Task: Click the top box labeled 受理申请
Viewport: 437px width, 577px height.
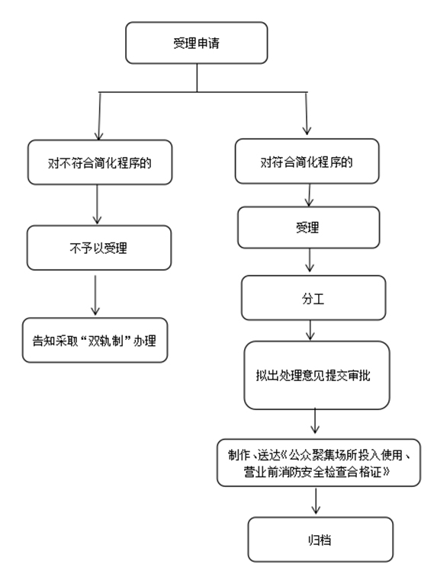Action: point(196,43)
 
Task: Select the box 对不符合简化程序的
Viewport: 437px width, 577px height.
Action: point(100,162)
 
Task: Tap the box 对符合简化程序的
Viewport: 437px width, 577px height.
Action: point(307,161)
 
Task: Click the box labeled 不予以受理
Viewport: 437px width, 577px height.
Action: point(99,248)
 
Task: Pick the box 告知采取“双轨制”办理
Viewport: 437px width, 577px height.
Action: point(95,340)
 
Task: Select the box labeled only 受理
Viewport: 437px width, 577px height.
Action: point(309,227)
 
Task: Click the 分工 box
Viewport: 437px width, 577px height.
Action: point(313,298)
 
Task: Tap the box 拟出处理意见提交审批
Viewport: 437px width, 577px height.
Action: point(317,375)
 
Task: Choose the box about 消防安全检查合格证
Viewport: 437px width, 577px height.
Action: point(319,463)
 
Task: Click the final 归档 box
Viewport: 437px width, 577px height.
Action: point(320,540)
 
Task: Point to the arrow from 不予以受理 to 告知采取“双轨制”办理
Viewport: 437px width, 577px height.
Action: point(95,295)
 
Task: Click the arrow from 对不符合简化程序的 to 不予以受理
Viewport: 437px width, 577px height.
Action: point(97,204)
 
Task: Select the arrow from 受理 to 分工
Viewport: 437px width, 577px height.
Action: point(310,260)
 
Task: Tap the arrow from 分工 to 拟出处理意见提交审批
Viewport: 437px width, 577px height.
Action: point(310,330)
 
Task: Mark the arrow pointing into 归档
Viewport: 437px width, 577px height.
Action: point(316,501)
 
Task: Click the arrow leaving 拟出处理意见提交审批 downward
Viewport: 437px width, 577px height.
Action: point(315,421)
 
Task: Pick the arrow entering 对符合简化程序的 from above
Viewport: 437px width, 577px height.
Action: point(307,114)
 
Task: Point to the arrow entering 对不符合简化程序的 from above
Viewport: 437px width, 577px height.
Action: point(99,117)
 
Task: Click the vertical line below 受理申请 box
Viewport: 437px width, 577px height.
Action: point(197,78)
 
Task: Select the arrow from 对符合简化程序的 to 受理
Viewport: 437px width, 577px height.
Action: point(309,195)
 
